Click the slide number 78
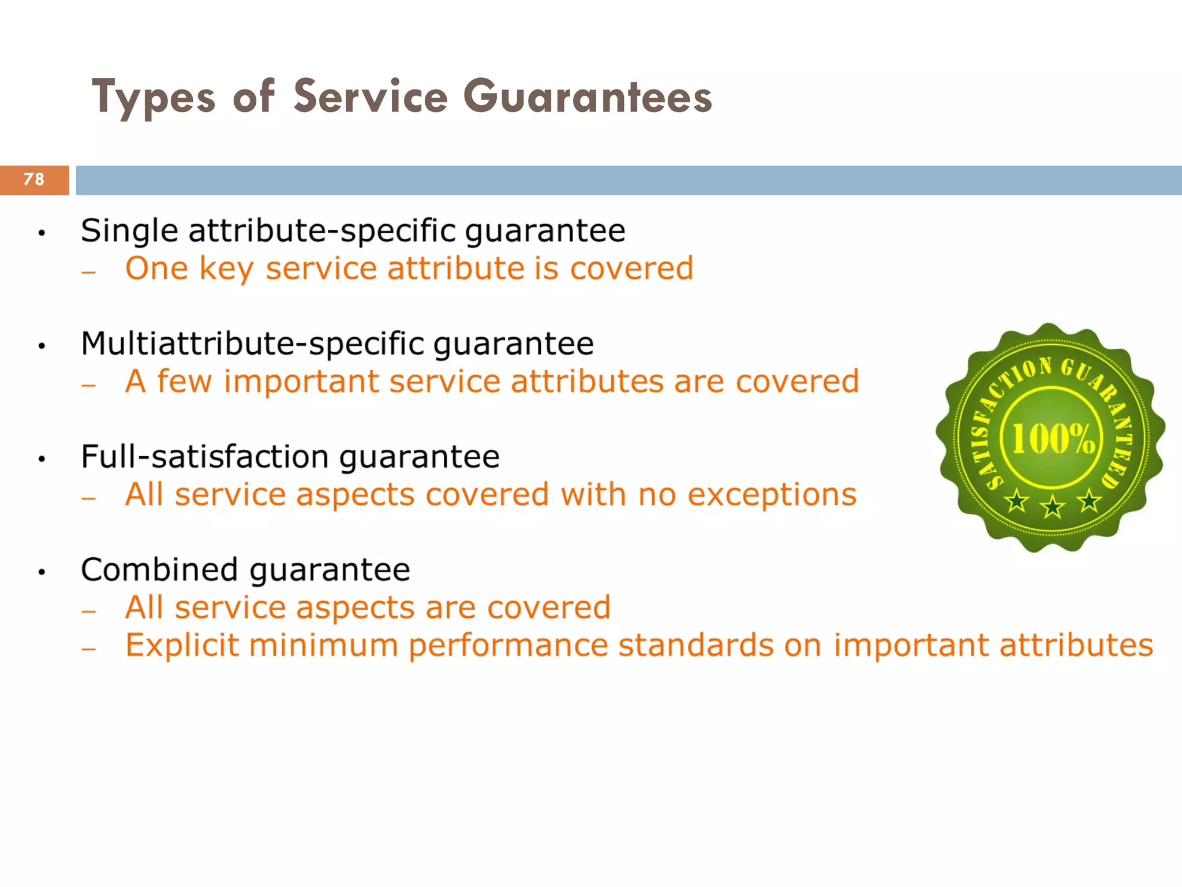tap(34, 180)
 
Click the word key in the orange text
tap(226, 270)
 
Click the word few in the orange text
tap(184, 382)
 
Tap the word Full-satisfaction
tap(205, 457)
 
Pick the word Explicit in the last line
tap(182, 646)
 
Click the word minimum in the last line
tap(323, 646)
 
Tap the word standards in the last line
tap(695, 646)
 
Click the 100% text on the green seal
tap(1053, 439)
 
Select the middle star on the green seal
tap(1053, 506)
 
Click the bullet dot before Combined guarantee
tap(42, 572)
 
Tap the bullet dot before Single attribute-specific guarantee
tap(42, 234)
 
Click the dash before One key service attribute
tap(88, 271)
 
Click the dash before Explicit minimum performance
tap(88, 649)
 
